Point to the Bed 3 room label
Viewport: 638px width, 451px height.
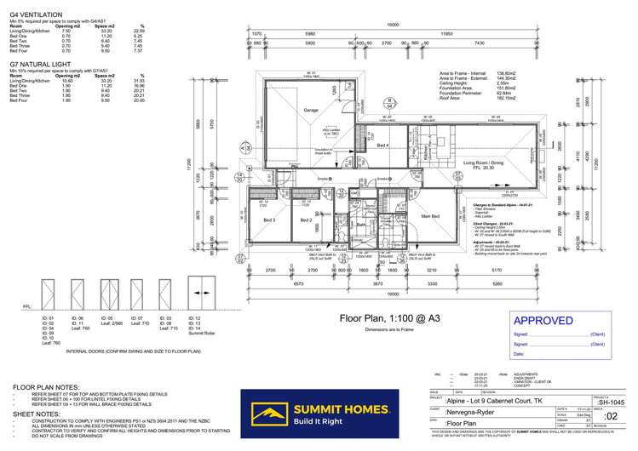(269, 220)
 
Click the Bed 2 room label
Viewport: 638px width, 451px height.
(306, 220)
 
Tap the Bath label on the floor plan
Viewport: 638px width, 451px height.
(360, 226)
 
